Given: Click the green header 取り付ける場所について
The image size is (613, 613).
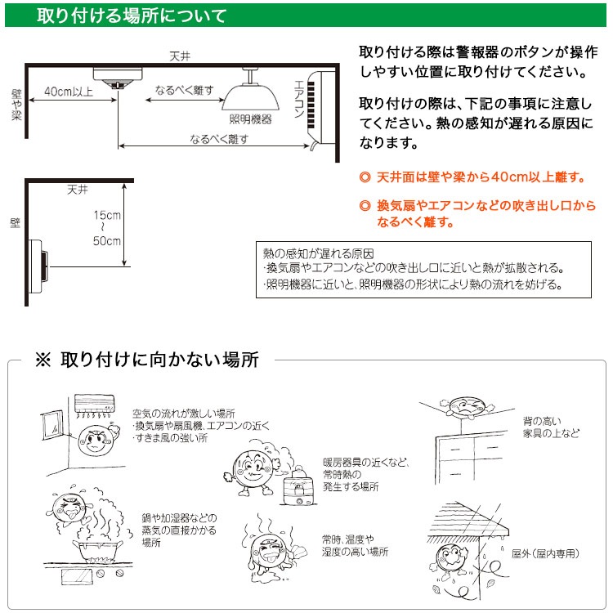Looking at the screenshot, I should pos(131,16).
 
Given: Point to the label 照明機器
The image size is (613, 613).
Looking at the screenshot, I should pos(250,119).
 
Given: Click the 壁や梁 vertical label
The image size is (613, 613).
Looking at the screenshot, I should pos(16,105).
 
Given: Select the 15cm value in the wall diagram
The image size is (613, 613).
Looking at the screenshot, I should pos(107,215).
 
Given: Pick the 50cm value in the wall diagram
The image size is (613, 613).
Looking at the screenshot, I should pos(107,241).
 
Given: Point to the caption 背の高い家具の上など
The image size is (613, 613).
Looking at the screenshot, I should pos(551,427).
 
